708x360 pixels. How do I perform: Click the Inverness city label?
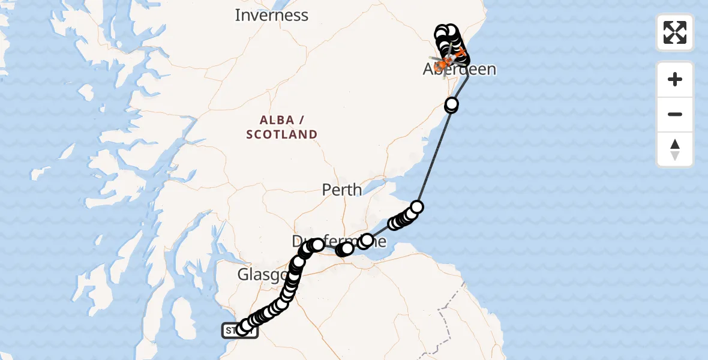tap(271, 15)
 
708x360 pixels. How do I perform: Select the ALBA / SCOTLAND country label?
tap(281, 127)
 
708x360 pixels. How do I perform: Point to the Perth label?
tap(342, 190)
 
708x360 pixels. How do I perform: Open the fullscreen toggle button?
tap(675, 32)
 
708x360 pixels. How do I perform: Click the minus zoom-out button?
tap(675, 114)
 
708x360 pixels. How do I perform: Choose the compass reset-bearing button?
tap(675, 149)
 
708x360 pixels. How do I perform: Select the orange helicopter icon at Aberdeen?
tap(445, 62)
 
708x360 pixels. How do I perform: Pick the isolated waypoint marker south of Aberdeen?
tap(451, 106)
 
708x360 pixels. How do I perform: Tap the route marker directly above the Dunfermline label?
tap(317, 245)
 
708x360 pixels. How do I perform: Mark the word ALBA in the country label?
tap(281, 119)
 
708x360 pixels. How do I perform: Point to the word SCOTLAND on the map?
tap(281, 134)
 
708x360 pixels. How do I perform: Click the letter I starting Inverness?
tap(238, 15)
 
